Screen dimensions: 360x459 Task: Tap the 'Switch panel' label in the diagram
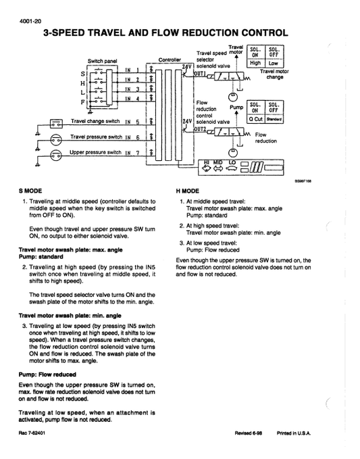[x=102, y=60]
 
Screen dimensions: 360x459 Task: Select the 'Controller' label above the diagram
[x=170, y=60]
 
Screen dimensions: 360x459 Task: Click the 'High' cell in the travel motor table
[x=255, y=63]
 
